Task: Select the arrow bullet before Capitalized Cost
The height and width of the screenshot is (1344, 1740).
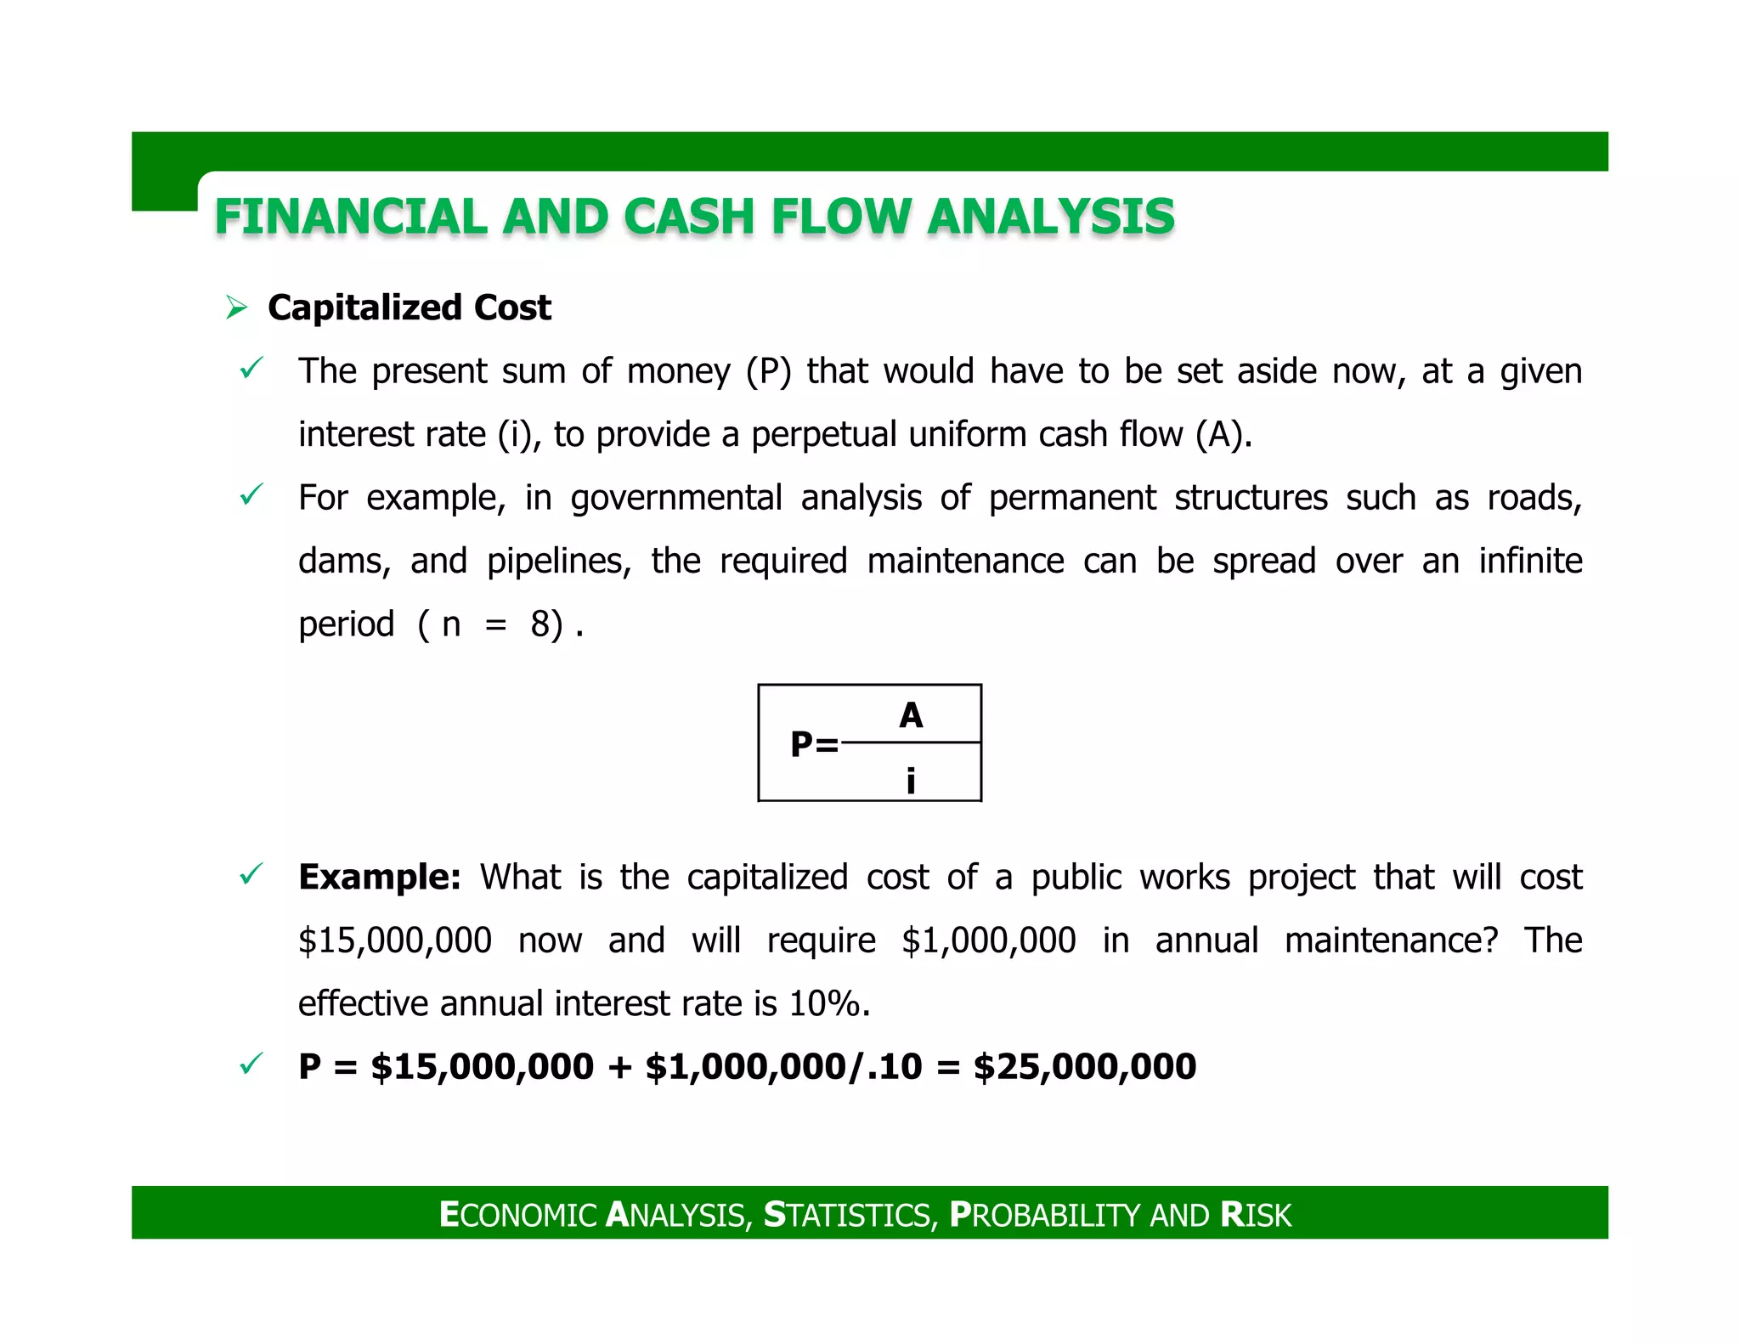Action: tap(236, 308)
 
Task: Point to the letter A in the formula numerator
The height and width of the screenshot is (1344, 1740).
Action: tap(911, 715)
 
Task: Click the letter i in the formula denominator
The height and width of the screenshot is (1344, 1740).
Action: tap(911, 780)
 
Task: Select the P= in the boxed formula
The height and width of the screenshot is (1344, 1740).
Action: tap(813, 744)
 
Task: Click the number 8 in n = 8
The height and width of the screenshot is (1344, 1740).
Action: tap(540, 624)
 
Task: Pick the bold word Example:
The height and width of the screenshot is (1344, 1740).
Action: tap(379, 877)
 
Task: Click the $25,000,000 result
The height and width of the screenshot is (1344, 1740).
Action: tap(1084, 1066)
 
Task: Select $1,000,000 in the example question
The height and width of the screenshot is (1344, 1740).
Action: tap(988, 940)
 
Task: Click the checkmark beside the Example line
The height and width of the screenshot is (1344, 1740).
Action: tap(251, 873)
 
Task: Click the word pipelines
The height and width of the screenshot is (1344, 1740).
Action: tap(557, 562)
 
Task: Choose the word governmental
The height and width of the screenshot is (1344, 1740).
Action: tap(675, 498)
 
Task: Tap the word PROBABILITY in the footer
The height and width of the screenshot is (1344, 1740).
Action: tap(1044, 1215)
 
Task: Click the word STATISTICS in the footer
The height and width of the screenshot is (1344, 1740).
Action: tap(850, 1215)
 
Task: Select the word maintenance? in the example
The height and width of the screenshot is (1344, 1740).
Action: tap(1391, 940)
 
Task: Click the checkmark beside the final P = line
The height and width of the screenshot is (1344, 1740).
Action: tap(251, 1064)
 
